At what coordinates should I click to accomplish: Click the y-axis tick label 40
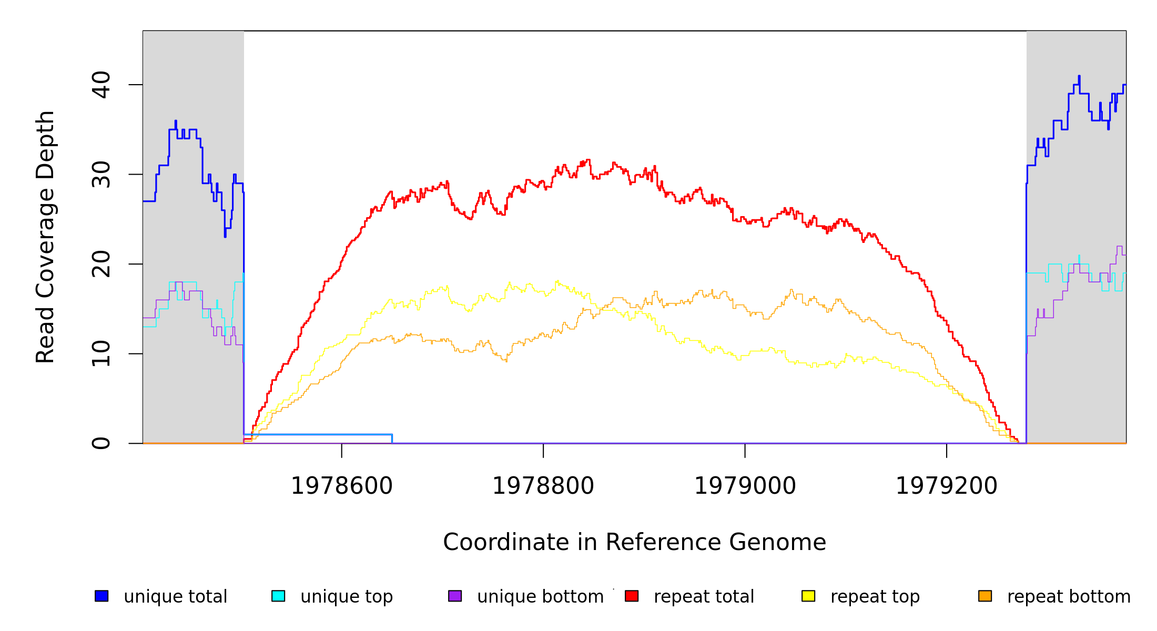[101, 85]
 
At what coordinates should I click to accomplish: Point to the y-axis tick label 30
[101, 175]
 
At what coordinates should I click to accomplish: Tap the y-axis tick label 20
[101, 264]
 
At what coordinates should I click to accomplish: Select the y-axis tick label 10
[101, 354]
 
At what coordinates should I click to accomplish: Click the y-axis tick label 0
[101, 443]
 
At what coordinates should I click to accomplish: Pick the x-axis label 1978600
[342, 486]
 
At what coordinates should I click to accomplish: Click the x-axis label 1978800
[543, 486]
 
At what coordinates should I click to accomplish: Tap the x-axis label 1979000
[745, 486]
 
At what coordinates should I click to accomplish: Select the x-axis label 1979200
[947, 486]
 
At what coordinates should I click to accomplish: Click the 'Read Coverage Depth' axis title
[45, 237]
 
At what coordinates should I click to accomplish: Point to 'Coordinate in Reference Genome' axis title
[634, 542]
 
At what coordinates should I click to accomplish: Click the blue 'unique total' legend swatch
[102, 596]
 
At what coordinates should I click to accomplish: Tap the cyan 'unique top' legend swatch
[278, 596]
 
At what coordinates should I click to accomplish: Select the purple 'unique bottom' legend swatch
[455, 596]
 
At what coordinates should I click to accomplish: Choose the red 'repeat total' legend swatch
[632, 596]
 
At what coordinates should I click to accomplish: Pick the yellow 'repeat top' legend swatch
[808, 596]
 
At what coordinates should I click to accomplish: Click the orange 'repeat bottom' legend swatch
[985, 596]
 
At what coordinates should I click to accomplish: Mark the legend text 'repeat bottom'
[1069, 597]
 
